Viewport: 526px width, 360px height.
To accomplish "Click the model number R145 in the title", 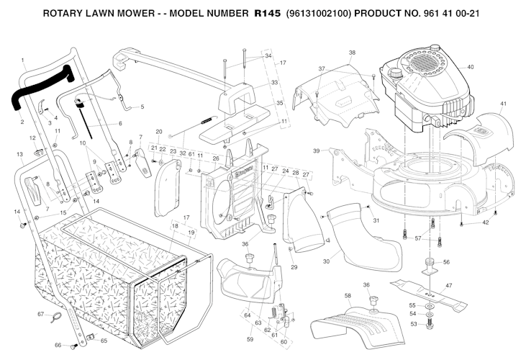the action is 267,14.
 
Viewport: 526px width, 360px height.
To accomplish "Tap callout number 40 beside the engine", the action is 471,67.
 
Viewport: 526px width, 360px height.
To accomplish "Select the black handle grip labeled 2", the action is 41,88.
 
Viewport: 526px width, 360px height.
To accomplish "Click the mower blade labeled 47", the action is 428,293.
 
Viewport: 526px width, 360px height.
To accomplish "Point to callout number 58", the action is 348,296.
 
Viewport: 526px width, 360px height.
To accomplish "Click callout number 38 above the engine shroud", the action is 352,53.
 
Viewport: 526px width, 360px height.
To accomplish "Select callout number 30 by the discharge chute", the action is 326,261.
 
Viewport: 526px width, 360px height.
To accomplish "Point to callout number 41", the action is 503,104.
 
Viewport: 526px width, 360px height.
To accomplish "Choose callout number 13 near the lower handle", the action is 19,154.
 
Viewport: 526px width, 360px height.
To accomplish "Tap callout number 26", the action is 216,158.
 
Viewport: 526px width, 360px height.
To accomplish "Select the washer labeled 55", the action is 430,307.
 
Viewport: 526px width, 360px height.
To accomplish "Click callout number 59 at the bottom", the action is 250,339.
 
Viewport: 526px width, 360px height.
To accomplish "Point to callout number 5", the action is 142,107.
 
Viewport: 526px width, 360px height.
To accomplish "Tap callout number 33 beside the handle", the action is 274,83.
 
